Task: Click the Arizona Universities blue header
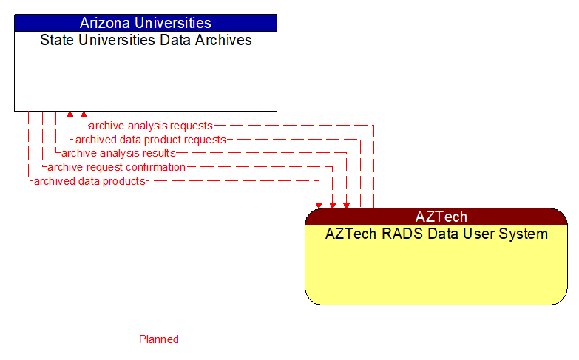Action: [x=145, y=23]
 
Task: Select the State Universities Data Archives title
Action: [x=145, y=40]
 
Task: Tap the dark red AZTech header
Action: [x=436, y=217]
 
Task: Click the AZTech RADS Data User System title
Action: [x=436, y=234]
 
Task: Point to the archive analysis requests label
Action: [x=150, y=126]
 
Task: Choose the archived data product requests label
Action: [x=150, y=140]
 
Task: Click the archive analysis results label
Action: [x=118, y=153]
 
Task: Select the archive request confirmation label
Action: [x=116, y=167]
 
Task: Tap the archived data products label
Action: [x=89, y=181]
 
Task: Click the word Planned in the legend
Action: [x=159, y=339]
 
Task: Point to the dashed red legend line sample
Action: [x=70, y=339]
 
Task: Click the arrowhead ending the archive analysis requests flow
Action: [x=84, y=115]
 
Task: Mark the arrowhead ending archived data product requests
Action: [x=70, y=115]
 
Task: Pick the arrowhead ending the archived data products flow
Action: [x=319, y=205]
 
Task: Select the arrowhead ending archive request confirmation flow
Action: [x=332, y=205]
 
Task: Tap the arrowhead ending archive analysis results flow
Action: [x=345, y=205]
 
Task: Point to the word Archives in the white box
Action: [x=222, y=40]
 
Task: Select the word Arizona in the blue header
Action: [x=106, y=23]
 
